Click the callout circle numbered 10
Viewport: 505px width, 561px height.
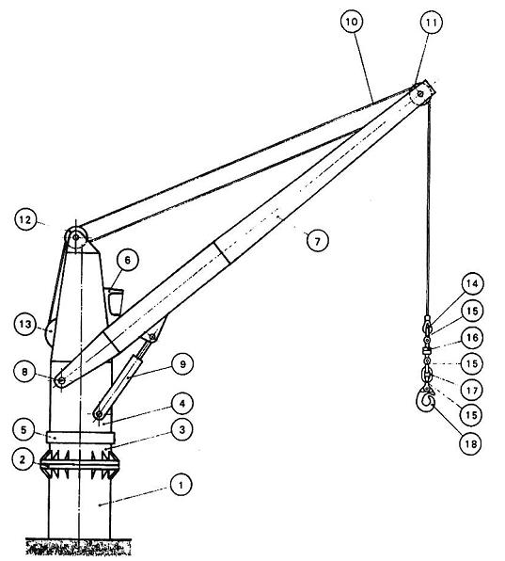352,22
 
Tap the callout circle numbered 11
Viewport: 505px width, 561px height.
431,23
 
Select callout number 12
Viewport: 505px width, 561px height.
25,219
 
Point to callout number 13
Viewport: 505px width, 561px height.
25,324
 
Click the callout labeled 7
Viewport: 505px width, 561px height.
318,241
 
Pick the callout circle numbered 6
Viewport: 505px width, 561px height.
128,260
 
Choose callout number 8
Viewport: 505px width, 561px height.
24,372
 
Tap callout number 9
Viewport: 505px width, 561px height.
182,364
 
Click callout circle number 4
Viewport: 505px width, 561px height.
182,404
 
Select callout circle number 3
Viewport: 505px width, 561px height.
181,429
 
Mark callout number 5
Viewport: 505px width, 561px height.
24,430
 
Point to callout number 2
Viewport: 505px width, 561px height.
23,459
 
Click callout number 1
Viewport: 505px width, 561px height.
181,485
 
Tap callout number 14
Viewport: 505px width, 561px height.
472,283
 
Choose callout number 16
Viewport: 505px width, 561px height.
472,337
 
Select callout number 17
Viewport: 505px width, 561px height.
472,390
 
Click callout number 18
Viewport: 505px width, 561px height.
471,444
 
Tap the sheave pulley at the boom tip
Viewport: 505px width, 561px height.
419,94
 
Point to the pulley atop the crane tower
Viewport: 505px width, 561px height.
76,236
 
